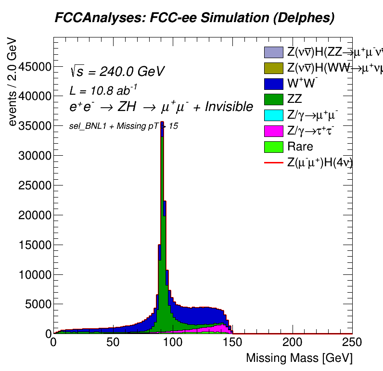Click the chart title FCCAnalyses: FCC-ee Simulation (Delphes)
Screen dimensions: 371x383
pyautogui.click(x=194, y=18)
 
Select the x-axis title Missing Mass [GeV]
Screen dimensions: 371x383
pyautogui.click(x=299, y=358)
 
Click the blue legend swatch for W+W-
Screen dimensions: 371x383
pyautogui.click(x=273, y=84)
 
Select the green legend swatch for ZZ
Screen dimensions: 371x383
pyautogui.click(x=273, y=99)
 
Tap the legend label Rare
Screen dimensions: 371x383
pyautogui.click(x=300, y=147)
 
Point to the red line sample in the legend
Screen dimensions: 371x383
pyautogui.click(x=273, y=162)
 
